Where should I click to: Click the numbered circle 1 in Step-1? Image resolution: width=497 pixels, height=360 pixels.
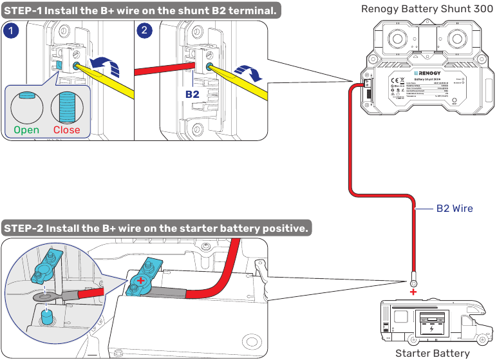pyautogui.click(x=11, y=30)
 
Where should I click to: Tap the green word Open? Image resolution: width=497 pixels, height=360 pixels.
pyautogui.click(x=26, y=129)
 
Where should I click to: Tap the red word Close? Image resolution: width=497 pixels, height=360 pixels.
pyautogui.click(x=66, y=129)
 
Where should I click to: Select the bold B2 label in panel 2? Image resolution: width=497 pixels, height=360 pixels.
pyautogui.click(x=192, y=94)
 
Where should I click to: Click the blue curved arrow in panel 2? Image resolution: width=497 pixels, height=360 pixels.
pyautogui.click(x=248, y=73)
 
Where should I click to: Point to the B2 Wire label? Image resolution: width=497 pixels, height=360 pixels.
pyautogui.click(x=455, y=208)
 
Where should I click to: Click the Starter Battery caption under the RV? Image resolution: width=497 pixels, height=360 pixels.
pyautogui.click(x=432, y=352)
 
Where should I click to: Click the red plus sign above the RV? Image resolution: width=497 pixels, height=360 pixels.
pyautogui.click(x=413, y=292)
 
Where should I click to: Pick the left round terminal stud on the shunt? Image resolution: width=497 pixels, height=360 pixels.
pyautogui.click(x=395, y=40)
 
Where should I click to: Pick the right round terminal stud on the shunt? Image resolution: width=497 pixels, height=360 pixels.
pyautogui.click(x=460, y=40)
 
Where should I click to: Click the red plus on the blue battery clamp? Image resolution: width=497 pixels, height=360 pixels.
pyautogui.click(x=140, y=280)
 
